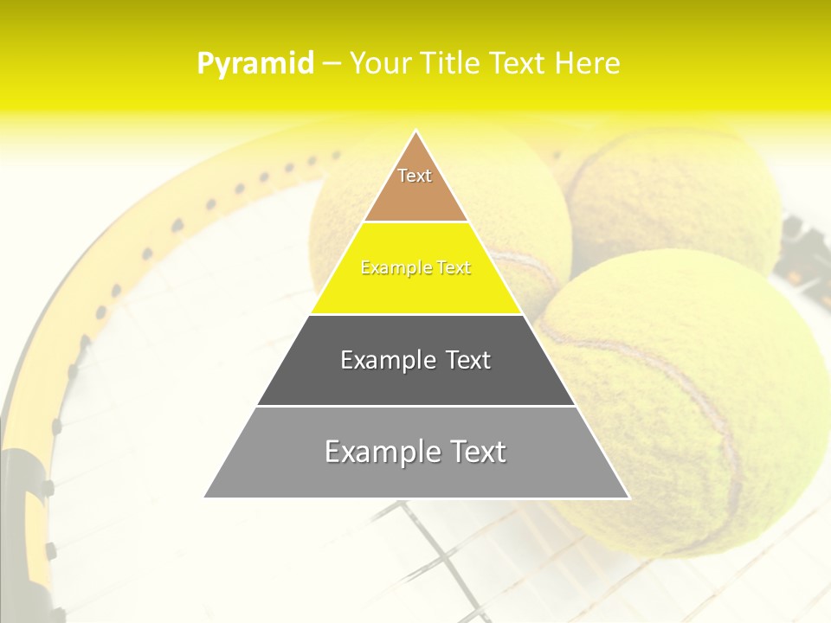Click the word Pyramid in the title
pos(254,64)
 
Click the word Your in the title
pos(380,63)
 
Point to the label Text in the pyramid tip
pos(415,176)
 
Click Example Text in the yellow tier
pos(415,268)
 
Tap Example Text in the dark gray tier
pos(415,360)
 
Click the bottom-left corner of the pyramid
pos(206,497)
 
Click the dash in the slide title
pos(331,63)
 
